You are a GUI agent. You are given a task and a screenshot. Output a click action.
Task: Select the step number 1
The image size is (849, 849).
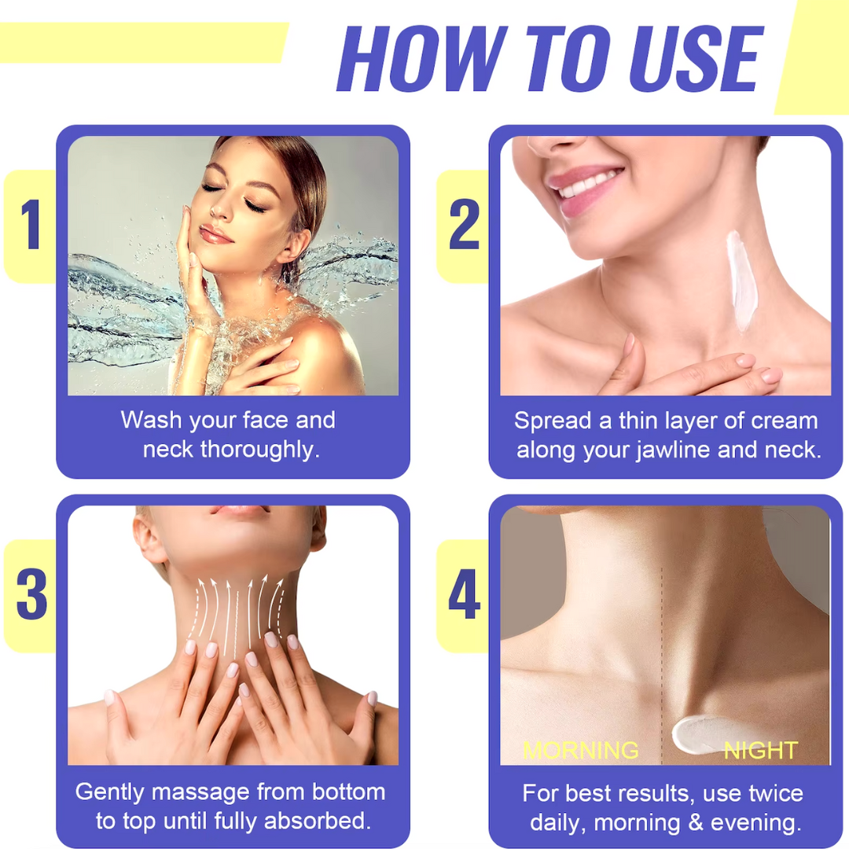click(30, 226)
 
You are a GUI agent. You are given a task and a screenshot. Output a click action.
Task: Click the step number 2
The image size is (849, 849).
click(464, 226)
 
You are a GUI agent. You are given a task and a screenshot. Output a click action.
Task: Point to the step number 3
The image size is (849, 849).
click(31, 595)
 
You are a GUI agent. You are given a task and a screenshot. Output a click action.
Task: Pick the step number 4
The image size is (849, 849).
click(464, 595)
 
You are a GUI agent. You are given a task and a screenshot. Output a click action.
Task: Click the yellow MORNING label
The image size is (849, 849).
click(581, 749)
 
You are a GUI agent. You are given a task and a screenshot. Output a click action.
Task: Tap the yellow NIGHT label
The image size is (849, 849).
click(760, 749)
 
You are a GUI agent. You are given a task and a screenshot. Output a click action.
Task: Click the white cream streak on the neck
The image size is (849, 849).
click(740, 279)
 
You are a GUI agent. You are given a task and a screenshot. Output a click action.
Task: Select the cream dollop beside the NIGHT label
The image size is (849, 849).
click(696, 732)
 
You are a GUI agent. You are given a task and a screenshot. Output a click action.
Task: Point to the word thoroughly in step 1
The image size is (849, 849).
click(259, 450)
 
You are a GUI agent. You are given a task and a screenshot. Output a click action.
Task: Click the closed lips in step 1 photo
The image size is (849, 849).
click(215, 233)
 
